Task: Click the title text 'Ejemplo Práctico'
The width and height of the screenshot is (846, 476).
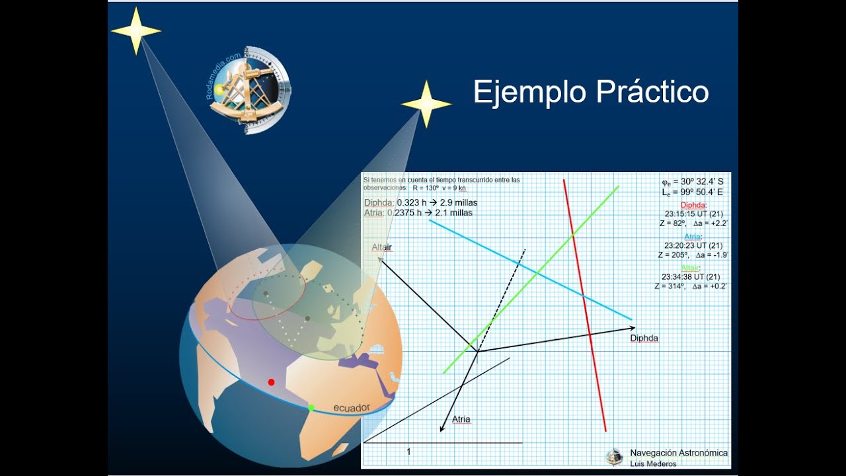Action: click(x=590, y=92)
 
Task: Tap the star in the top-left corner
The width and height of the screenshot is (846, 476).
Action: click(x=136, y=30)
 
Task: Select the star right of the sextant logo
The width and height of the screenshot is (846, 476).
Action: click(x=426, y=104)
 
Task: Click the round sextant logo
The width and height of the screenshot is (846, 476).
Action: click(x=250, y=90)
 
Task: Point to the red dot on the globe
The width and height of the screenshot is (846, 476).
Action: click(x=271, y=382)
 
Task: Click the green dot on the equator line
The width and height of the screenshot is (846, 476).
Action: click(x=311, y=407)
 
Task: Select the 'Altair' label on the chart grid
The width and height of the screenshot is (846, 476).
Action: click(x=381, y=247)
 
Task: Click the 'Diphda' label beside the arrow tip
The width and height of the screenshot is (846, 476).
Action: click(x=644, y=338)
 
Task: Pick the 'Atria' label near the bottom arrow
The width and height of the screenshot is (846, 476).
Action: click(x=461, y=419)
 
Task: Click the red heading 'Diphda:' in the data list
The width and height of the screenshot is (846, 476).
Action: click(x=693, y=205)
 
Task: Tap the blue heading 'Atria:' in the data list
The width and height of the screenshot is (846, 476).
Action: click(x=693, y=236)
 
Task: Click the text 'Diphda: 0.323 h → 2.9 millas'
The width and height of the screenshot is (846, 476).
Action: click(x=420, y=202)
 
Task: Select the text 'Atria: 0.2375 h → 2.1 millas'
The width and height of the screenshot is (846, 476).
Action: click(x=418, y=212)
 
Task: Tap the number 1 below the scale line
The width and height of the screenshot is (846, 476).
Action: click(x=408, y=452)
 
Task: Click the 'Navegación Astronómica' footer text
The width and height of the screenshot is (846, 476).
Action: click(x=678, y=453)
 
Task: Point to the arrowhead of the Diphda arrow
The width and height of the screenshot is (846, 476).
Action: click(x=633, y=328)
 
